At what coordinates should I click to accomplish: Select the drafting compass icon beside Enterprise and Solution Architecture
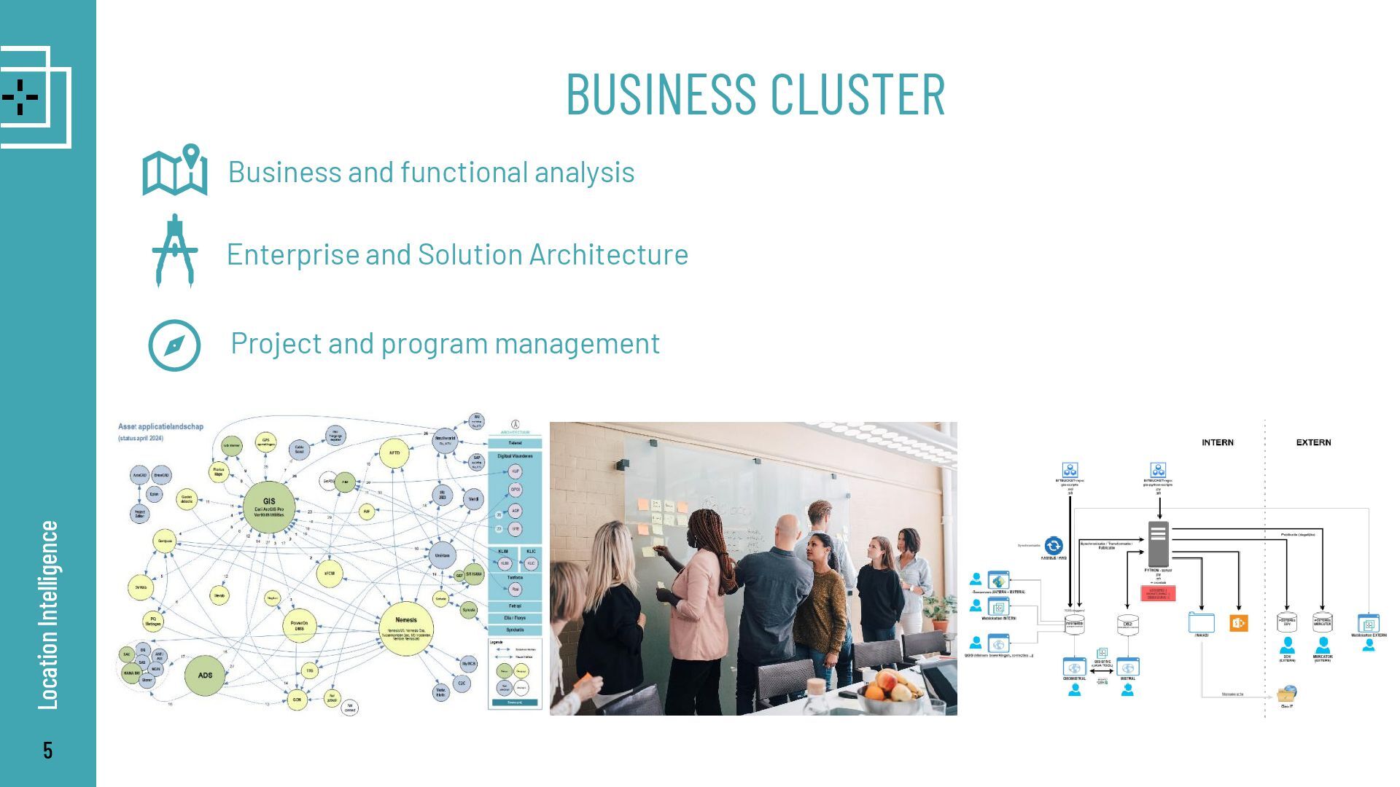[175, 251]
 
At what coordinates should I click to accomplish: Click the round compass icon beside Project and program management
[174, 345]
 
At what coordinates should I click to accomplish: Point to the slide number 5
[47, 751]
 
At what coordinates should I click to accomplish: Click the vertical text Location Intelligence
[48, 614]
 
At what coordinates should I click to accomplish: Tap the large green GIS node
[269, 506]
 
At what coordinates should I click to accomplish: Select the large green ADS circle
[205, 675]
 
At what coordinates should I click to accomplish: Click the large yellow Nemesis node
[406, 628]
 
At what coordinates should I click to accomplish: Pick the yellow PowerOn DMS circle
[299, 624]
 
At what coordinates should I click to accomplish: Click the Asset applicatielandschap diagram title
[161, 426]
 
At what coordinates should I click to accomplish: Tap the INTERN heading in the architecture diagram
[1218, 442]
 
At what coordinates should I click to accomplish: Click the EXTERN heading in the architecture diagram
[1313, 442]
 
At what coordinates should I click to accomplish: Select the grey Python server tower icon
[1158, 543]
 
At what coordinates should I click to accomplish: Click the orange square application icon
[1238, 623]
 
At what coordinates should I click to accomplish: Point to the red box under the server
[1158, 593]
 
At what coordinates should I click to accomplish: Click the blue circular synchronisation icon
[1054, 545]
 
